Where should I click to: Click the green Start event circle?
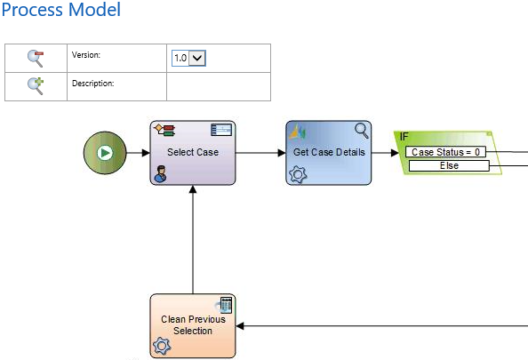[105, 153]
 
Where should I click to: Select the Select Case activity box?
[193, 153]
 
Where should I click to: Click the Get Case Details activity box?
[329, 153]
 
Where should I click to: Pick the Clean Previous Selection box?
[193, 325]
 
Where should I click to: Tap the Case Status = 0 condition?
[445, 152]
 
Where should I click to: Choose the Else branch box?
[449, 165]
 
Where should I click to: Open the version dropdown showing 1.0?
[188, 58]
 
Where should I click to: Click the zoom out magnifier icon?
[36, 59]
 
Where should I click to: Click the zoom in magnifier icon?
[36, 86]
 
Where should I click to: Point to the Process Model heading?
[61, 10]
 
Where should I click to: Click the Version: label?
[86, 55]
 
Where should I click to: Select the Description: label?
[93, 84]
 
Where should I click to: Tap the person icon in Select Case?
[160, 173]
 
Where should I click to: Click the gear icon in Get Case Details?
[298, 174]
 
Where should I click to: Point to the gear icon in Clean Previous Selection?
[162, 346]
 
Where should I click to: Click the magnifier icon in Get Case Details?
[362, 131]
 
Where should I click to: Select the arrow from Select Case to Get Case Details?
[260, 153]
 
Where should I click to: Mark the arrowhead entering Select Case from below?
[193, 189]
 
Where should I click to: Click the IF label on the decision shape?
[404, 137]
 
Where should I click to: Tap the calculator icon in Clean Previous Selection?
[226, 305]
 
